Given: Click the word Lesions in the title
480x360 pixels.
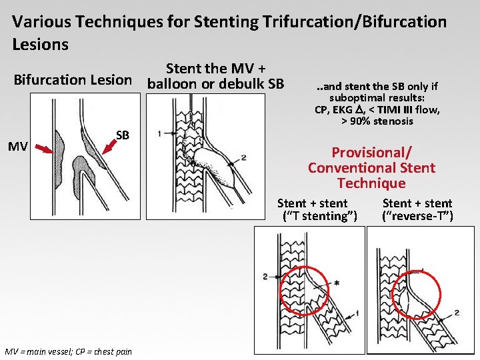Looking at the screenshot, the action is (x=41, y=45).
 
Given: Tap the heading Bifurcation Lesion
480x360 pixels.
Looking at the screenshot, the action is (x=73, y=81).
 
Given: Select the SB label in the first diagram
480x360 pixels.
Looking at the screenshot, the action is (x=122, y=135).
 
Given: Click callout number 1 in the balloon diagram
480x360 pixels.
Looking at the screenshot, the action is (x=159, y=133).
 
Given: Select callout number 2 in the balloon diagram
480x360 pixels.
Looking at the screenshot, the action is (x=244, y=157).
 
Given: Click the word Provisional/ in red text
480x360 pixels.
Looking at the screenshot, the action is (x=372, y=153).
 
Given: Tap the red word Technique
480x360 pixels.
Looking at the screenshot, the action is (x=371, y=183).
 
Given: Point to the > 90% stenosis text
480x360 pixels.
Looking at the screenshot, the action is (x=377, y=121).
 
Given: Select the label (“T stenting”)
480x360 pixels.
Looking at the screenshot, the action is (x=320, y=216).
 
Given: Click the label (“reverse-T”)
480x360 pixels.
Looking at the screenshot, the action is (x=417, y=216).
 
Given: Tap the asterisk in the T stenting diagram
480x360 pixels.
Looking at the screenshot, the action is (x=337, y=283).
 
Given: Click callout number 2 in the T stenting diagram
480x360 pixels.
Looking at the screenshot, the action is (x=265, y=276).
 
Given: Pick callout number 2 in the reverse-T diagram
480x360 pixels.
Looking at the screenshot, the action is (x=457, y=312).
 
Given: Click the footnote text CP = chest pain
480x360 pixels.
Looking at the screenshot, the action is (x=99, y=351).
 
